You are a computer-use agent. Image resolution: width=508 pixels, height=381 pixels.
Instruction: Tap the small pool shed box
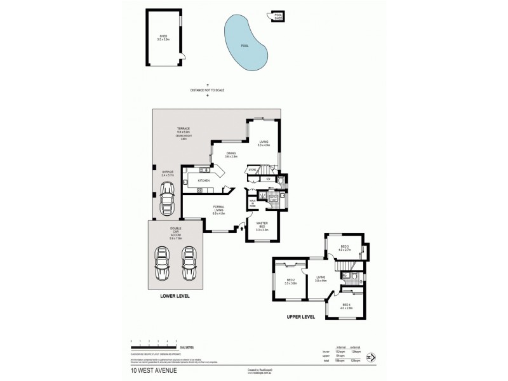[x=278, y=17]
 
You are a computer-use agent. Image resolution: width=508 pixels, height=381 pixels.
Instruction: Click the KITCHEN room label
[x=204, y=181]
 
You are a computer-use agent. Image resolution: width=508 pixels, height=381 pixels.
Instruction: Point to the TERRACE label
[x=184, y=129]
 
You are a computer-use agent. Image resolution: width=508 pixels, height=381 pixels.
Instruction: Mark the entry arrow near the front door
[x=242, y=227]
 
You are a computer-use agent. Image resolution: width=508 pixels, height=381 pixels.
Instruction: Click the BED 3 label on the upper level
[x=345, y=248]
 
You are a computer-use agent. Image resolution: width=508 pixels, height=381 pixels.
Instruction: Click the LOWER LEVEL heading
[x=176, y=296]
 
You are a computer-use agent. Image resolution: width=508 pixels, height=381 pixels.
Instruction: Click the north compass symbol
[x=370, y=359]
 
